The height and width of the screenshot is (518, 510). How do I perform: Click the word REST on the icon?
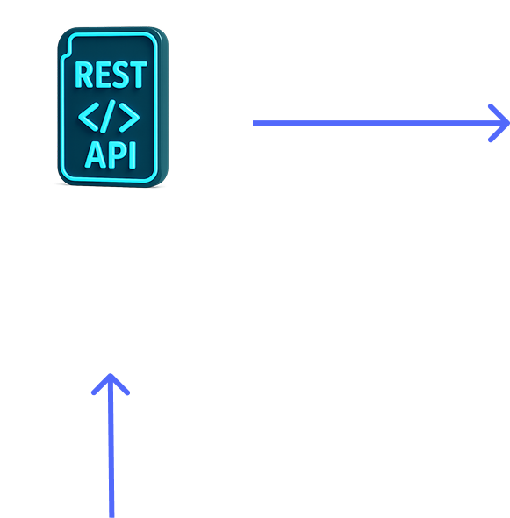[x=111, y=75]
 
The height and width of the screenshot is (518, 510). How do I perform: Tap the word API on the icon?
[x=111, y=155]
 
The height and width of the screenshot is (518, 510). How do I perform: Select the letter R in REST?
[x=84, y=75]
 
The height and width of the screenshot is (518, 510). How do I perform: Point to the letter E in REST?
[x=102, y=75]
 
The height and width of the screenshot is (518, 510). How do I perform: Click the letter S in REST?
[x=119, y=75]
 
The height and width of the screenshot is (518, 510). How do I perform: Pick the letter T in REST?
[x=138, y=75]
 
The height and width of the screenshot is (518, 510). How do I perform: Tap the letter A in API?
[x=97, y=155]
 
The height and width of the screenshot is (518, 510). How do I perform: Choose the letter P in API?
[x=118, y=155]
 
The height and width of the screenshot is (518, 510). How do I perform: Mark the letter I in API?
[x=133, y=155]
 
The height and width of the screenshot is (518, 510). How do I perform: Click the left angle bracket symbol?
[x=88, y=117]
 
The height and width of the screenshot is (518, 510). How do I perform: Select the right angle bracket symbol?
[x=129, y=118]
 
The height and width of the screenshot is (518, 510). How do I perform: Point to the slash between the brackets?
[x=109, y=117]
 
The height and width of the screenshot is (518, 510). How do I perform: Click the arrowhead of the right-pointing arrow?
[x=499, y=123]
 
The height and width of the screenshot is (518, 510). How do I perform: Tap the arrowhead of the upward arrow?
[x=111, y=384]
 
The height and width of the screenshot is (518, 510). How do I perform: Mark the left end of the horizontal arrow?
[x=253, y=123]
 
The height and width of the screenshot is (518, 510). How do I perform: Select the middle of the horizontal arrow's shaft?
[x=380, y=123]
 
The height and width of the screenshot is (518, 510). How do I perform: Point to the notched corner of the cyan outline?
[x=68, y=53]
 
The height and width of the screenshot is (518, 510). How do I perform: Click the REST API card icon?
[x=113, y=107]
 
